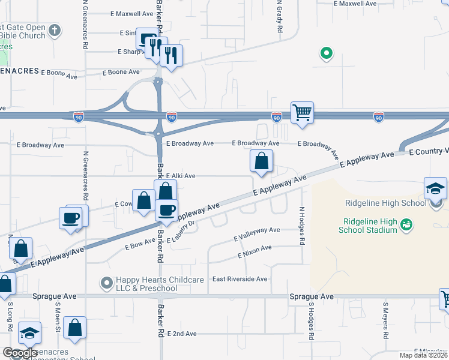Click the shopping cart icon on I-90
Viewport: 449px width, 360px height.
302,112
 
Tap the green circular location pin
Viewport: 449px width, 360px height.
326,54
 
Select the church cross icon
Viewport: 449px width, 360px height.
55,30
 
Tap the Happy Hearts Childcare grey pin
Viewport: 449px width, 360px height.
107,282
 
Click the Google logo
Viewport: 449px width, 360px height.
20,353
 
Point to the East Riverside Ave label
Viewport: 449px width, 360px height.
240,279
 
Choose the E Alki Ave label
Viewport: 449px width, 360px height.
181,176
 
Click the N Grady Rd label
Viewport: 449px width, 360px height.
279,17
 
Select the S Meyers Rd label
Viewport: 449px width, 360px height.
385,320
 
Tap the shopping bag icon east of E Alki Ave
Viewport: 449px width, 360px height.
261,161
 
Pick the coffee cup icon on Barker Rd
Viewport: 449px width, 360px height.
166,209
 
